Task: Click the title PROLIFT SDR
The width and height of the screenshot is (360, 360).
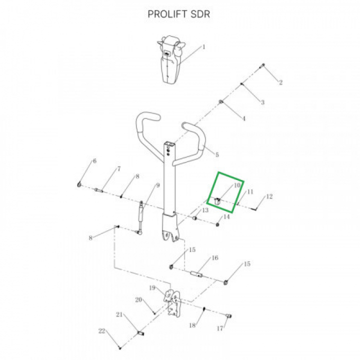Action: [178, 14]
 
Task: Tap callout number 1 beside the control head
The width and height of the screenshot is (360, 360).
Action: [203, 47]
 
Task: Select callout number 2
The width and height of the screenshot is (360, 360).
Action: [280, 82]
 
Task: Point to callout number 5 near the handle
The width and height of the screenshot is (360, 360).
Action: [217, 154]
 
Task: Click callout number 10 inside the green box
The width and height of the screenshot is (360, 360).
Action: [237, 185]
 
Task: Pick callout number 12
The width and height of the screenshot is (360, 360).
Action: [269, 196]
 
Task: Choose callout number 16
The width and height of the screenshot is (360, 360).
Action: [215, 258]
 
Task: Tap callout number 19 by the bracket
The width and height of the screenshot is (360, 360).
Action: [152, 288]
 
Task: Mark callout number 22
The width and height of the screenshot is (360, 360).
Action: [102, 331]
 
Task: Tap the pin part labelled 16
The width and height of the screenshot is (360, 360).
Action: [197, 274]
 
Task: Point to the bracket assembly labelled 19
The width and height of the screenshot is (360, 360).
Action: [172, 303]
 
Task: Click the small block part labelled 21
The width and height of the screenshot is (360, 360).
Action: [140, 333]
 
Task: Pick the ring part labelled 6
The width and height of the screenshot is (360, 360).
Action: [79, 184]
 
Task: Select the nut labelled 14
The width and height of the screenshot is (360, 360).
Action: [218, 224]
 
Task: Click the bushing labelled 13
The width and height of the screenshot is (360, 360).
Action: [194, 217]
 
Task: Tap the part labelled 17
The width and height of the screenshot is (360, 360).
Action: [228, 316]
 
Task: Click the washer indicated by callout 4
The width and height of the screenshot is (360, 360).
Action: [221, 101]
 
